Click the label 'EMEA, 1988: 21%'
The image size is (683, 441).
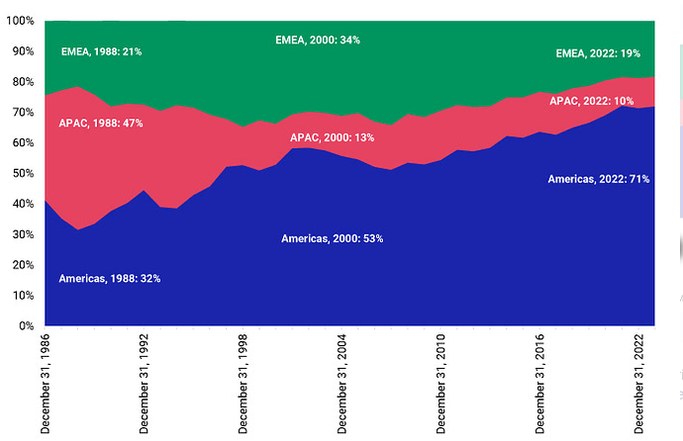tap(101, 51)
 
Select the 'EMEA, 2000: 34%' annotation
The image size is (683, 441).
tap(317, 41)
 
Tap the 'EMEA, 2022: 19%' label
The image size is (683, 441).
tap(598, 52)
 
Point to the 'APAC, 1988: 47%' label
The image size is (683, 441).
tap(101, 123)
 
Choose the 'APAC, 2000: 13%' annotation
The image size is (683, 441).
tap(332, 137)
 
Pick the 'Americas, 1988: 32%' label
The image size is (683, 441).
tap(109, 279)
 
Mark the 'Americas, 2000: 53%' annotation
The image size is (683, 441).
tap(332, 239)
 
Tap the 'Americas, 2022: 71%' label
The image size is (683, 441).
tap(599, 179)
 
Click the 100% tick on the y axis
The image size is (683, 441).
tap(20, 21)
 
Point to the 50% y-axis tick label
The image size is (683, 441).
tap(23, 173)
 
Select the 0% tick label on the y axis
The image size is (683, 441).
tap(26, 325)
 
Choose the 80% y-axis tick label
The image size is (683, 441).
tap(23, 82)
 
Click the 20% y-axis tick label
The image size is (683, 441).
tap(23, 265)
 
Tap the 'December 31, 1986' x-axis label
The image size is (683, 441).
tap(46, 384)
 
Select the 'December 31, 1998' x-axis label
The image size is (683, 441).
tap(243, 384)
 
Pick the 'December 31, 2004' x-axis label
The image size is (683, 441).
tap(341, 384)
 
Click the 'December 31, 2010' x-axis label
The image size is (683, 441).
tap(440, 384)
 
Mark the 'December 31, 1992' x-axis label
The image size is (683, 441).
tap(145, 384)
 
